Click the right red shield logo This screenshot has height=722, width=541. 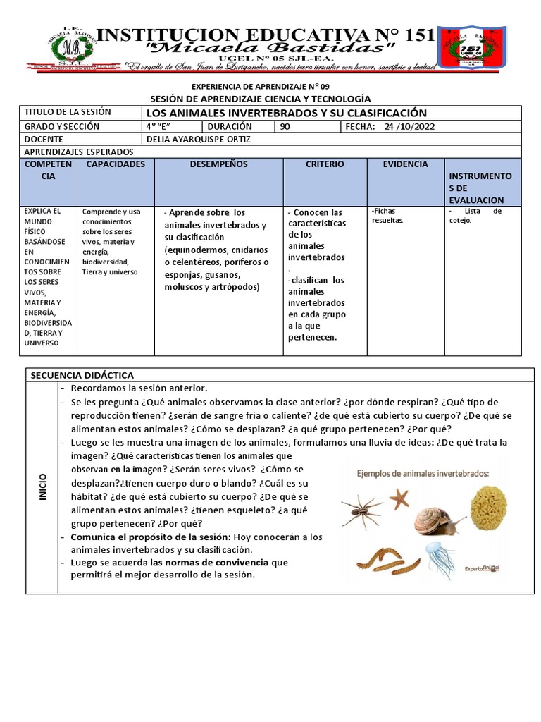click(470, 49)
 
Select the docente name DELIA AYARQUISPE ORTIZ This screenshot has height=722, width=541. click(198, 139)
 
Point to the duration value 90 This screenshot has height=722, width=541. click(285, 126)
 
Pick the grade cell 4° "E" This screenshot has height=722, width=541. click(159, 126)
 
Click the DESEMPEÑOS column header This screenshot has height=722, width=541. click(218, 164)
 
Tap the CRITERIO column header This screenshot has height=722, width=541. click(325, 164)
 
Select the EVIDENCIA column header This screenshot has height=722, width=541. click(405, 164)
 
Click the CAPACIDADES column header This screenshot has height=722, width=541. click(116, 164)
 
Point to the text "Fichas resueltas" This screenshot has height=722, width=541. click(387, 215)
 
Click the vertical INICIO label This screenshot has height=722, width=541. click(42, 487)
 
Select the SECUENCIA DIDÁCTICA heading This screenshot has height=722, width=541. click(81, 375)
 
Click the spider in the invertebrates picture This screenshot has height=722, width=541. click(363, 510)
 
